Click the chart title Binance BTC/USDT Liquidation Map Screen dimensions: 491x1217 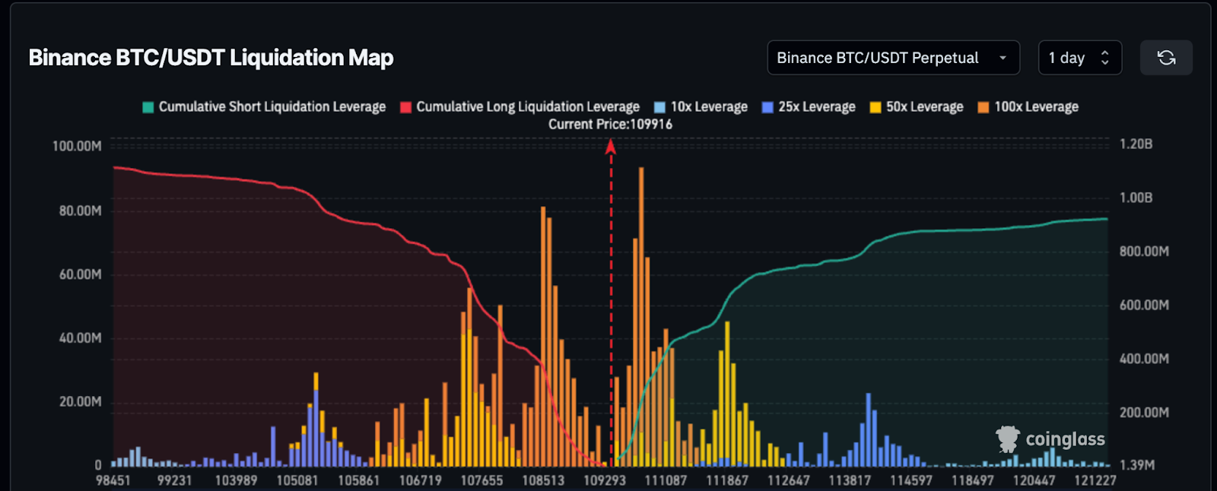[211, 58]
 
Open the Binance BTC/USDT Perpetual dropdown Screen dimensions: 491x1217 [892, 58]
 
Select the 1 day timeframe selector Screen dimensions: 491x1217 [1079, 58]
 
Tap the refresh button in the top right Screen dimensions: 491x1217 [1166, 58]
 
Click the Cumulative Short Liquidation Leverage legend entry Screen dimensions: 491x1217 [264, 107]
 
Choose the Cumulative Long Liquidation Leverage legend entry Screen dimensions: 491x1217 [520, 107]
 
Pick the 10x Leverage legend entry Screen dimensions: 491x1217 [701, 107]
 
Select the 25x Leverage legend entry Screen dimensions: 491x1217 [809, 107]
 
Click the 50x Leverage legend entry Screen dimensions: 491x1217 [917, 107]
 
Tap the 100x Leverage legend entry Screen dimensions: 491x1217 [1028, 107]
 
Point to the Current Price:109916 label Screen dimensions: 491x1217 [610, 124]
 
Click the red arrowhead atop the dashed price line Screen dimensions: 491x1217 [610, 147]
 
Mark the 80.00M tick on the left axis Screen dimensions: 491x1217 [80, 211]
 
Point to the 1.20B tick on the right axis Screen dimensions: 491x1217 [1136, 144]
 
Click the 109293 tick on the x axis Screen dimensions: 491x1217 [605, 480]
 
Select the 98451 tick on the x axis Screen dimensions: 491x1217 [113, 480]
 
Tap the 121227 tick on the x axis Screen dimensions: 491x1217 [1095, 480]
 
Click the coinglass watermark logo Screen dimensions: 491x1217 [1050, 439]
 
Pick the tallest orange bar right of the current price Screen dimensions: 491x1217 [641, 304]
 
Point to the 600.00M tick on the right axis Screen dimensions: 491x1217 [1144, 305]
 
